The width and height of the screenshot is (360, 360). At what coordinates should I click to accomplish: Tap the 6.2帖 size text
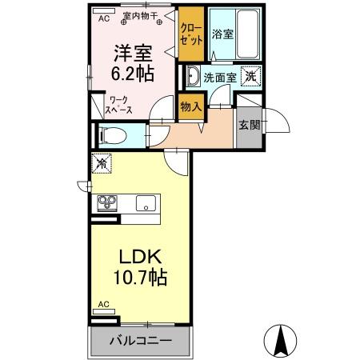(x=132, y=74)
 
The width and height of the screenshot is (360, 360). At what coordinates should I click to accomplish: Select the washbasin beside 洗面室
(x=193, y=78)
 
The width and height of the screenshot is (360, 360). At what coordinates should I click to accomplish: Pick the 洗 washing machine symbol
(x=251, y=76)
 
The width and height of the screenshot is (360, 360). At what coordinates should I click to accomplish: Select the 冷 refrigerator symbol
(x=102, y=162)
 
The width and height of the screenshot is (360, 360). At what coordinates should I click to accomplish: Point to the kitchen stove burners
(x=107, y=201)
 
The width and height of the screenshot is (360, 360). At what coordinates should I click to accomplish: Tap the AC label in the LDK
(x=103, y=305)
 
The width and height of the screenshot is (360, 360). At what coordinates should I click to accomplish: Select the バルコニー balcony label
(x=140, y=341)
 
